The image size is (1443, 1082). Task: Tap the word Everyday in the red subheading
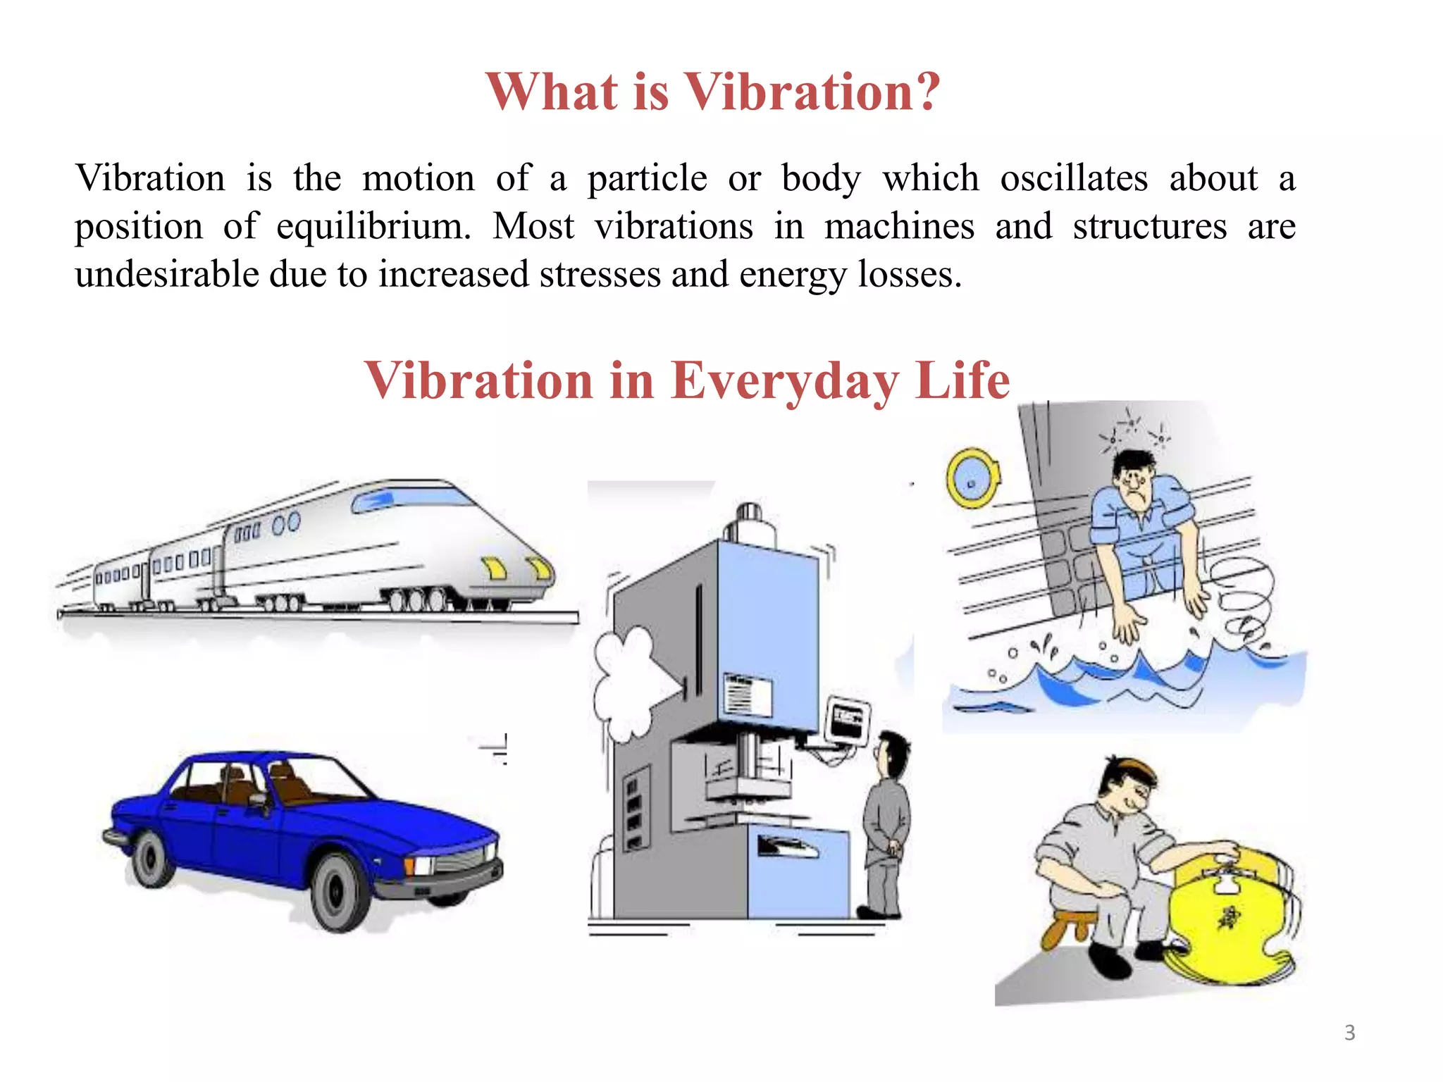(x=784, y=381)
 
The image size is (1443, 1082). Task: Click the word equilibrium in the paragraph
(x=372, y=227)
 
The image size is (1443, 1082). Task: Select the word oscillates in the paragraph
(x=1074, y=178)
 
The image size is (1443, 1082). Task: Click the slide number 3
(x=1349, y=1033)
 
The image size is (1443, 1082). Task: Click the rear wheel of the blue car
(x=151, y=858)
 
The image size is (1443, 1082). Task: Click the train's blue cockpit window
(x=373, y=501)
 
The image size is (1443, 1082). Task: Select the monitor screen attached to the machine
(x=848, y=719)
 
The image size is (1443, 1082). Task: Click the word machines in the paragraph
(x=899, y=227)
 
